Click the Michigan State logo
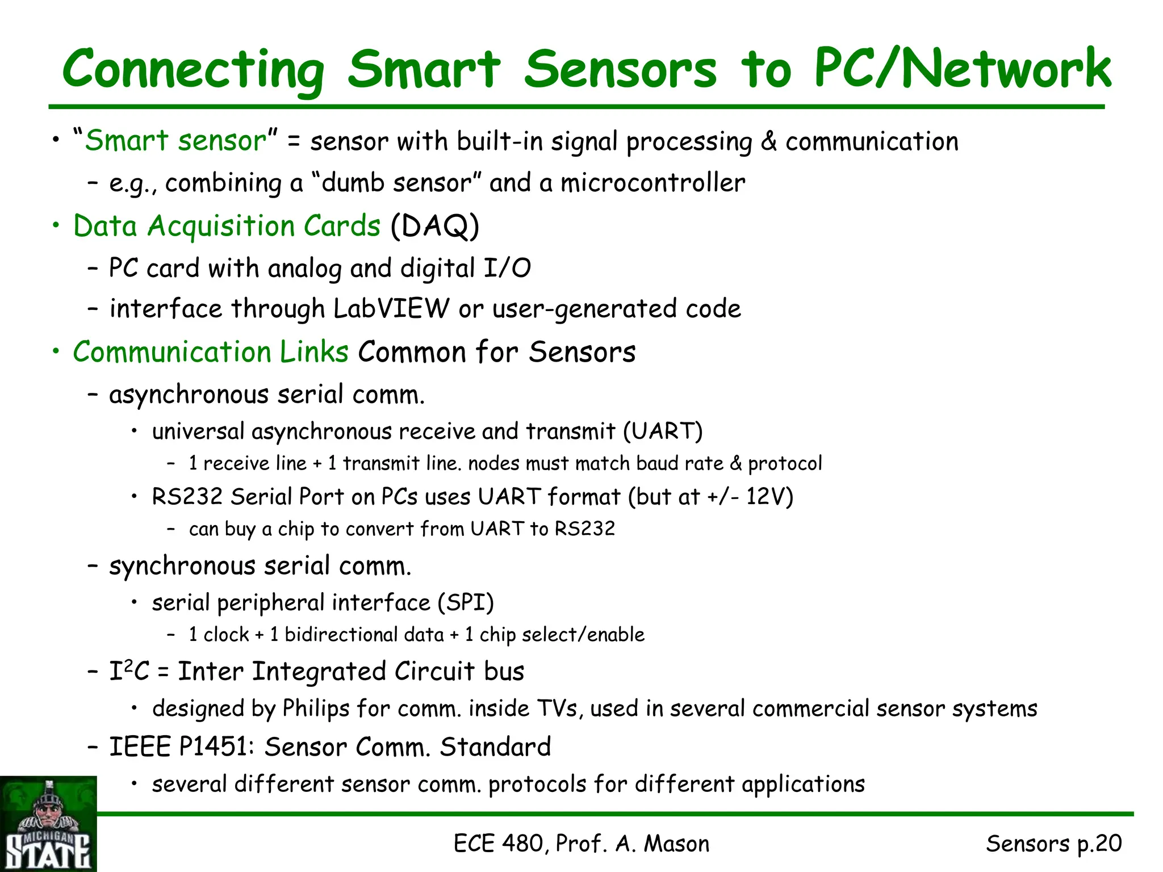(48, 823)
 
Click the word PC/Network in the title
(962, 69)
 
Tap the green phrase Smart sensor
(175, 140)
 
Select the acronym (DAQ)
(435, 226)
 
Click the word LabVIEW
(391, 309)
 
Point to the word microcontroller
(652, 183)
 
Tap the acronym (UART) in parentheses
(663, 431)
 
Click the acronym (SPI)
(466, 602)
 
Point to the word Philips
(316, 708)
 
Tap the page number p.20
(1099, 844)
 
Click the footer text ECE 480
(500, 844)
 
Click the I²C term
(129, 671)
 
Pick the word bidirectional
(364, 634)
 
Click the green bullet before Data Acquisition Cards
(56, 226)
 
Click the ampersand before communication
(769, 141)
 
